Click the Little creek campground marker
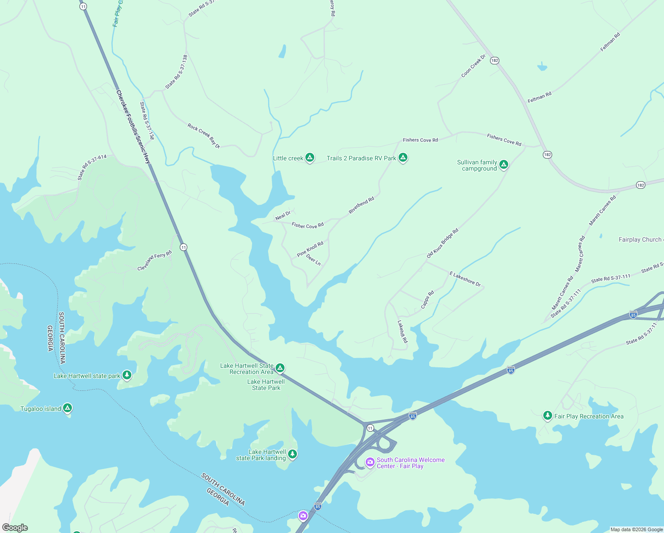pyautogui.click(x=310, y=158)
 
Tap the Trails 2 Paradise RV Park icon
pyautogui.click(x=403, y=158)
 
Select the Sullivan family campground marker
pyautogui.click(x=503, y=165)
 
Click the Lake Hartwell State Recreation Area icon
pyautogui.click(x=280, y=368)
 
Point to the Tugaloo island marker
pyautogui.click(x=67, y=408)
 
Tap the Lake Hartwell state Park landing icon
pyautogui.click(x=292, y=454)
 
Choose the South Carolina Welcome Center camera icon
pyautogui.click(x=370, y=463)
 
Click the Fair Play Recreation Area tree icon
pyautogui.click(x=547, y=416)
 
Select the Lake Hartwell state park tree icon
pyautogui.click(x=127, y=375)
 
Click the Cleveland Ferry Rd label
pyautogui.click(x=154, y=261)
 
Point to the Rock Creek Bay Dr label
pyautogui.click(x=204, y=135)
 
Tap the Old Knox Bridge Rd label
pyautogui.click(x=442, y=243)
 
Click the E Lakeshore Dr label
pyautogui.click(x=465, y=279)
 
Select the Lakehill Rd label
pyautogui.click(x=402, y=331)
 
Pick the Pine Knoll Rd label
pyautogui.click(x=310, y=249)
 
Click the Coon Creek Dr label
pyautogui.click(x=474, y=66)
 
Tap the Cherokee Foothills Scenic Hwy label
pyautogui.click(x=133, y=127)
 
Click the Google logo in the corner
pyautogui.click(x=15, y=528)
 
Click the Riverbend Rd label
pyautogui.click(x=361, y=205)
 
